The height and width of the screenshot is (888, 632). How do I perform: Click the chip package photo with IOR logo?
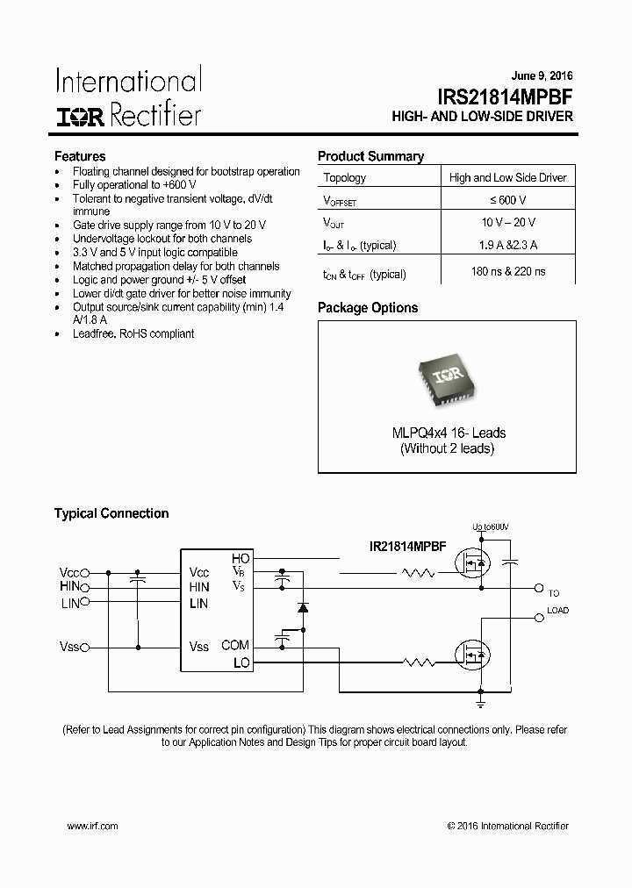click(x=446, y=382)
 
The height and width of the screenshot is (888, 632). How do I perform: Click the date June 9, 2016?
click(x=542, y=76)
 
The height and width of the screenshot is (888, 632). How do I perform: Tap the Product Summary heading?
click(x=370, y=156)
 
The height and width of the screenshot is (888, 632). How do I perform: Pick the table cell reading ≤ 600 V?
click(x=508, y=200)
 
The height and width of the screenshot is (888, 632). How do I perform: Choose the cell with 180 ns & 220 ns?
click(x=508, y=273)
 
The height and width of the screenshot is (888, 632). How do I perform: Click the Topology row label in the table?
click(x=345, y=177)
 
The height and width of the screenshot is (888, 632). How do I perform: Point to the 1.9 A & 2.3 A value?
click(x=508, y=246)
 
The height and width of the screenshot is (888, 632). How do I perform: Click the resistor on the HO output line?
click(x=419, y=573)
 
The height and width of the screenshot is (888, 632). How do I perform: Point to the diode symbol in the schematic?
click(x=303, y=606)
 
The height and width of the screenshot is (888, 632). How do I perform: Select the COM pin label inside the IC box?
click(x=235, y=645)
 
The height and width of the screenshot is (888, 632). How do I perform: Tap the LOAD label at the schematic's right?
click(x=557, y=610)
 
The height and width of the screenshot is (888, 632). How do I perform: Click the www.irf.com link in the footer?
click(x=92, y=826)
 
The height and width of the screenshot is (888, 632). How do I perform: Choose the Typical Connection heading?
click(x=111, y=513)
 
